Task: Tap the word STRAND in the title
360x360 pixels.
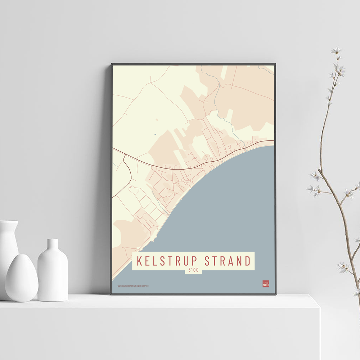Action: click(227, 261)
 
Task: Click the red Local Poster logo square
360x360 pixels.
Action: click(266, 284)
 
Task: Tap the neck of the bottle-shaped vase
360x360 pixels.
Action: click(53, 245)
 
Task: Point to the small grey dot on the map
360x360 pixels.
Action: click(156, 135)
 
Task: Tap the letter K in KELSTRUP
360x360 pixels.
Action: click(139, 261)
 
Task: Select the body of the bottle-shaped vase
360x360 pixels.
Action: click(53, 275)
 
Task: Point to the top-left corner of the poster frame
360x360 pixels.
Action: click(112, 64)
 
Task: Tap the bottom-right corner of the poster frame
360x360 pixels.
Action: click(276, 294)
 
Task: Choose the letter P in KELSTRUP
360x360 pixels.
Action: click(196, 261)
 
